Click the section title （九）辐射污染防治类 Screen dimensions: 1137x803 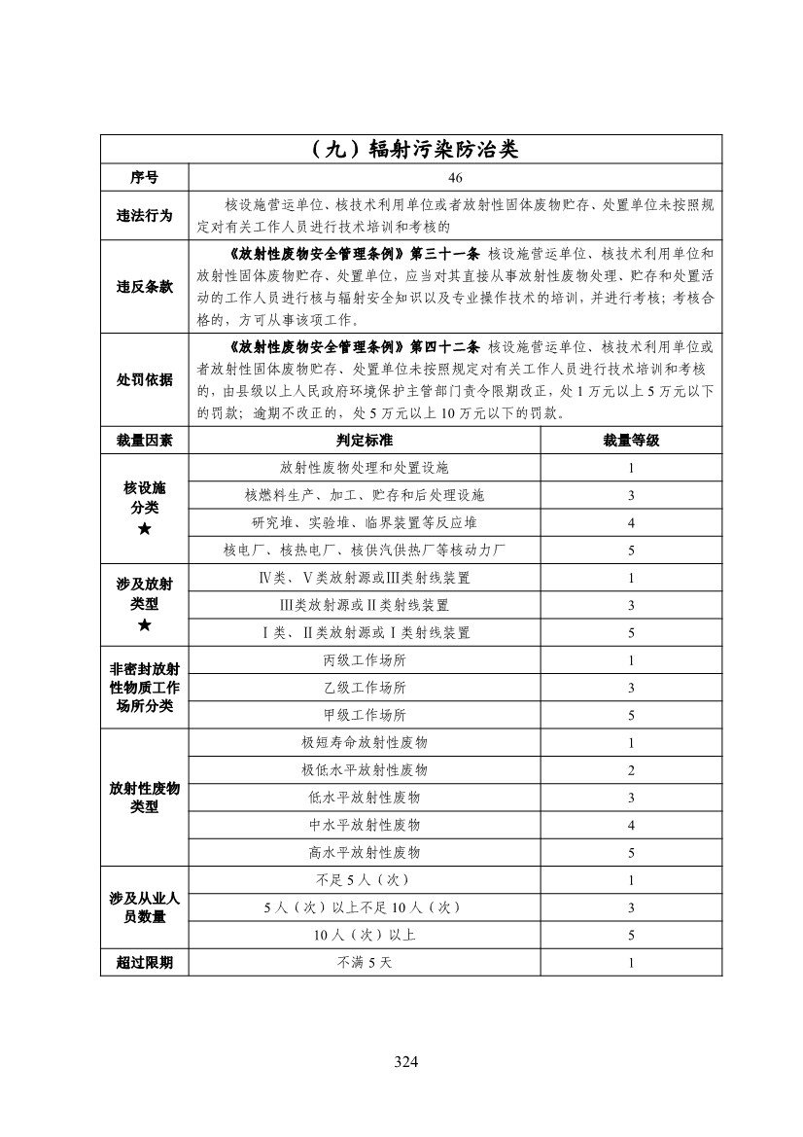(x=411, y=150)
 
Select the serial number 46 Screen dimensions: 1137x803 (x=456, y=178)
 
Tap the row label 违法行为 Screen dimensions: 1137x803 (x=145, y=215)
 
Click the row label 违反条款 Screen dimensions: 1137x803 (x=145, y=287)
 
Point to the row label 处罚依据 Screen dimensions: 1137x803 (x=145, y=379)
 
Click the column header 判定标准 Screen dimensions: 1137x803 (x=365, y=441)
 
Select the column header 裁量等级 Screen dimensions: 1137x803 (x=631, y=441)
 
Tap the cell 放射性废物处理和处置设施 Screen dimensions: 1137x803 (x=365, y=468)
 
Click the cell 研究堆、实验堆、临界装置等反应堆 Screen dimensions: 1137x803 (x=365, y=522)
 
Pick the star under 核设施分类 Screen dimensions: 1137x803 (x=145, y=529)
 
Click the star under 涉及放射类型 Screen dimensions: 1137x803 (x=145, y=624)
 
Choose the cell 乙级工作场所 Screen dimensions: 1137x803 (x=365, y=688)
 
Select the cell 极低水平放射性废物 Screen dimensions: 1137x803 (x=365, y=769)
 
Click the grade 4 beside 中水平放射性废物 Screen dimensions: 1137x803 (x=631, y=825)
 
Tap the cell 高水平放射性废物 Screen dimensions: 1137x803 (x=365, y=852)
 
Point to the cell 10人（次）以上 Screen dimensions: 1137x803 (x=365, y=935)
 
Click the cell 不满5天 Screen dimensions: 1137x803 (x=365, y=963)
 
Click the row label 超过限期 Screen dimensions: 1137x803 (x=145, y=963)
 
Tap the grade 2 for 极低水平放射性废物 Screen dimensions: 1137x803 (x=631, y=769)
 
